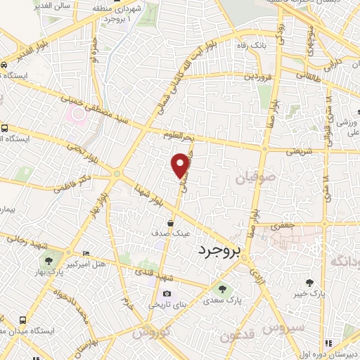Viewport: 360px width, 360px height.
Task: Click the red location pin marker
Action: tap(181, 165)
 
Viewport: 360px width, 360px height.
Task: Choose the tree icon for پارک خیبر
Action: tap(310, 283)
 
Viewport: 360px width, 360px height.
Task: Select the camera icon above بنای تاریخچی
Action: tap(167, 293)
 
